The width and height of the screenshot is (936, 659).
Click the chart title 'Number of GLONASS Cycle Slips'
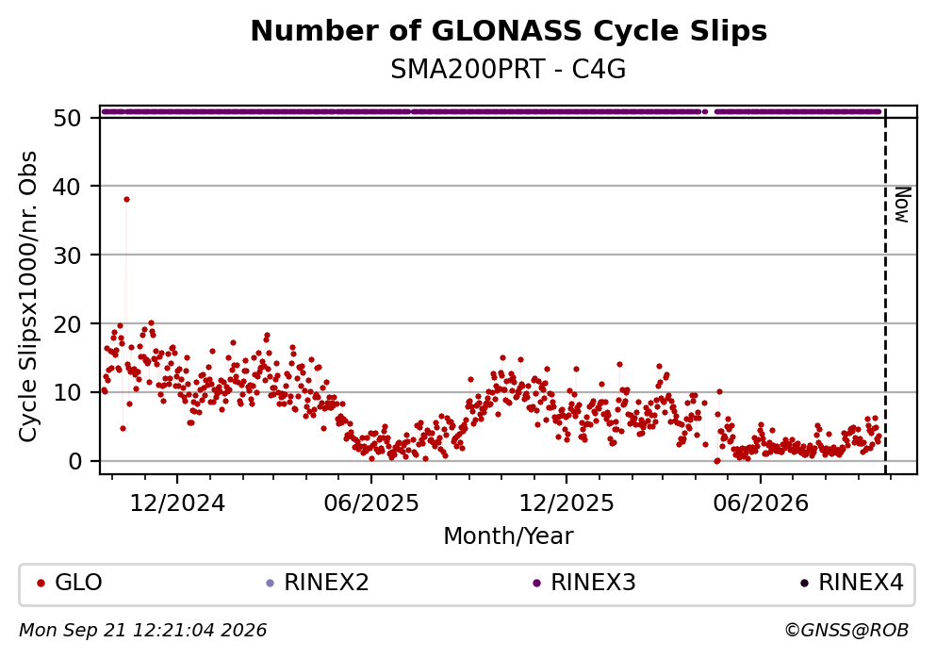click(509, 31)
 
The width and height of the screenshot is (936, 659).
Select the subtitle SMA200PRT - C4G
click(509, 70)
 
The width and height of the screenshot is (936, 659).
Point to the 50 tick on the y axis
click(67, 118)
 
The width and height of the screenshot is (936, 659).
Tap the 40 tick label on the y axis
click(67, 187)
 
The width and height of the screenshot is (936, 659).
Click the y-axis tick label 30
click(67, 255)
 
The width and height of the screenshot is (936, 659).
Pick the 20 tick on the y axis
click(67, 324)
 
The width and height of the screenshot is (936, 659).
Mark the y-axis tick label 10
click(67, 393)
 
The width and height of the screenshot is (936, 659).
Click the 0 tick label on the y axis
click(74, 461)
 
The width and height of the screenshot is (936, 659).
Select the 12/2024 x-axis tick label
click(177, 503)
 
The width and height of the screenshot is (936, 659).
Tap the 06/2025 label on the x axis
click(371, 503)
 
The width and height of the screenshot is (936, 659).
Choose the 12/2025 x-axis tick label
click(566, 503)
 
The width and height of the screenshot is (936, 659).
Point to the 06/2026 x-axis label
click(761, 503)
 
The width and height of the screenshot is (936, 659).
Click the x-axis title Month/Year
click(509, 536)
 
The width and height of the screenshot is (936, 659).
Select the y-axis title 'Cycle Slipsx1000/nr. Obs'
click(28, 297)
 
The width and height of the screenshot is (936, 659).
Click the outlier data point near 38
click(126, 199)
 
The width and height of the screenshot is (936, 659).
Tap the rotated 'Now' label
click(903, 205)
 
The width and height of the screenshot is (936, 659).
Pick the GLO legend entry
click(70, 583)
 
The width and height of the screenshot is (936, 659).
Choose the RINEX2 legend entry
click(319, 583)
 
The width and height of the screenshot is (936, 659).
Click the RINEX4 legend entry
click(852, 583)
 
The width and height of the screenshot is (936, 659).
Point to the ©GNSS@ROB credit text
click(846, 631)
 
